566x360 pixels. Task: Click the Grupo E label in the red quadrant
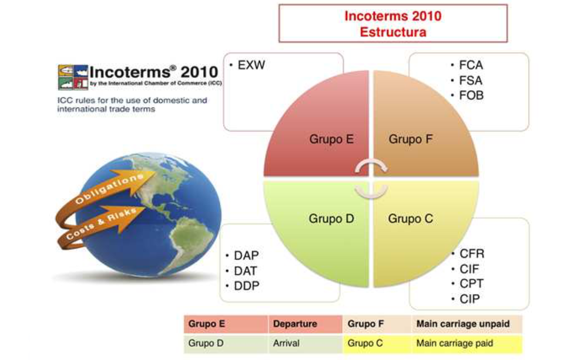pyautogui.click(x=331, y=139)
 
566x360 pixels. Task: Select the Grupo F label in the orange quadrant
pyautogui.click(x=411, y=139)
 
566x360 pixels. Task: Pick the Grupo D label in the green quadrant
pyautogui.click(x=331, y=218)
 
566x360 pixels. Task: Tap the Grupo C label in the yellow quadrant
pyautogui.click(x=411, y=218)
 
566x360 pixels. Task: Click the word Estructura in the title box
pyautogui.click(x=393, y=32)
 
